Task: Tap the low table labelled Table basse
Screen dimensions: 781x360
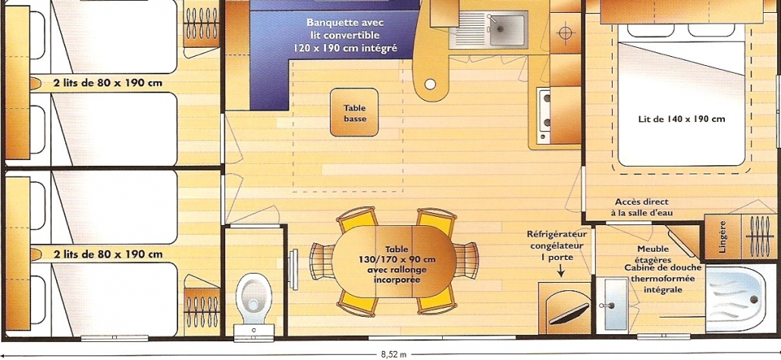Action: pos(354,112)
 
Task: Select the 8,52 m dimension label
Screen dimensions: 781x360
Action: pos(394,355)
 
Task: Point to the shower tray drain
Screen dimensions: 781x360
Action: pos(754,299)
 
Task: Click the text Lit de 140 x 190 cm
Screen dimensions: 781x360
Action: pos(682,119)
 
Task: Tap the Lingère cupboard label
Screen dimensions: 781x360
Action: pos(722,236)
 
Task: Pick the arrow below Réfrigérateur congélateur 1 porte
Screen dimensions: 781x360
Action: pos(560,271)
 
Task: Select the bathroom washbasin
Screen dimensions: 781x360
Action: pos(613,304)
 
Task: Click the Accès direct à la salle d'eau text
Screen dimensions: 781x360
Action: pos(642,208)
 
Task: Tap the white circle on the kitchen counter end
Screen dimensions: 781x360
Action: pos(430,84)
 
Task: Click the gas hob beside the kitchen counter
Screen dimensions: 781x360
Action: pos(544,115)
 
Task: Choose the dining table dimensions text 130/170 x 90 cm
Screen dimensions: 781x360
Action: pos(397,259)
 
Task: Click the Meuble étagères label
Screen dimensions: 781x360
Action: pos(653,254)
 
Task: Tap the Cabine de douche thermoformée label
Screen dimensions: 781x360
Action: pos(663,278)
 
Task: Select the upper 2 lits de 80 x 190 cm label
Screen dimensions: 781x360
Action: pos(108,83)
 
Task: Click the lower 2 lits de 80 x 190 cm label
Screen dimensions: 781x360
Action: pos(108,254)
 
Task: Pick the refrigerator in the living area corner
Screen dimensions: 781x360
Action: pos(565,308)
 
